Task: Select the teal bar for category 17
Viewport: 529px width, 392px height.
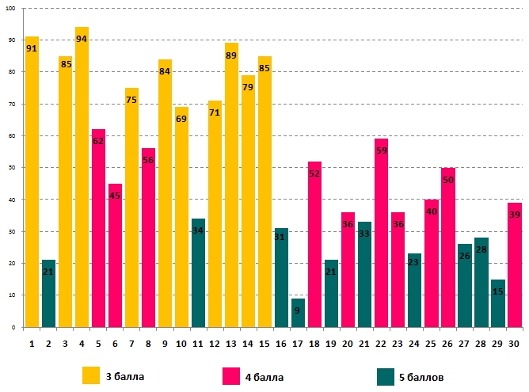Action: coord(298,312)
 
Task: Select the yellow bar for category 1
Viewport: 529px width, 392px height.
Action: coord(32,181)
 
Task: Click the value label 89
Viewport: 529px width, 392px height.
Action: coord(231,55)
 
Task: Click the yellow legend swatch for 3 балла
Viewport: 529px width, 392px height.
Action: coord(91,375)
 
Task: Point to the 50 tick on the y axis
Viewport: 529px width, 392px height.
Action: coord(15,168)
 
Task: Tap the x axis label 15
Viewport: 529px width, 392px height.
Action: coord(264,344)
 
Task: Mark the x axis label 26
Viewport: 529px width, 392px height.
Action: coord(447,344)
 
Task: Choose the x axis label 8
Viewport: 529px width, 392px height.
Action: coord(148,344)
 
